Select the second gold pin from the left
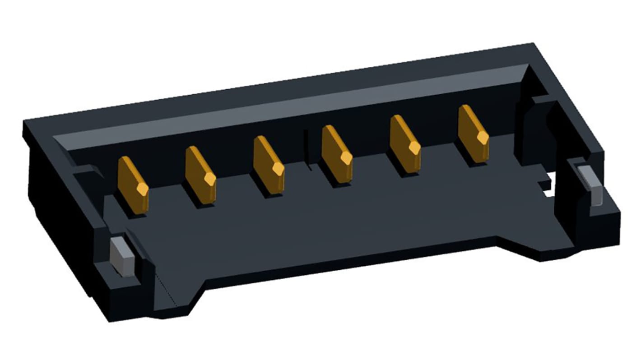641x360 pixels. [200, 174]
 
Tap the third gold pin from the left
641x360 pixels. [268, 164]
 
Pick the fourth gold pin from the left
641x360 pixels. [337, 154]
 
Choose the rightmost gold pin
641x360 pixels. [473, 134]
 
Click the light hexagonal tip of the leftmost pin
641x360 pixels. [142, 189]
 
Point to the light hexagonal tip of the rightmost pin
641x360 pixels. [483, 137]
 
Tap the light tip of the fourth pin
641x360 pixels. [346, 157]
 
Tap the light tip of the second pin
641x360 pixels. [210, 179]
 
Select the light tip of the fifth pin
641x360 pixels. [414, 147]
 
